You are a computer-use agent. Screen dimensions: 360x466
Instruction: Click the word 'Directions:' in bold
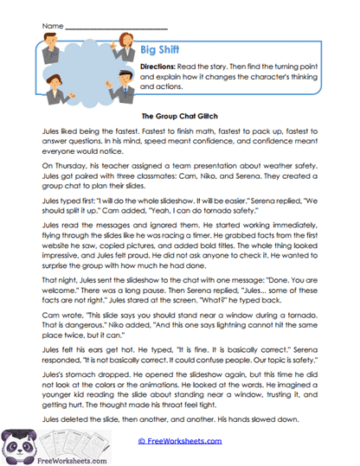pyautogui.click(x=162, y=66)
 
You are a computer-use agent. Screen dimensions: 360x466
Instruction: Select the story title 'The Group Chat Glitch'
pyautogui.click(x=180, y=113)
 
